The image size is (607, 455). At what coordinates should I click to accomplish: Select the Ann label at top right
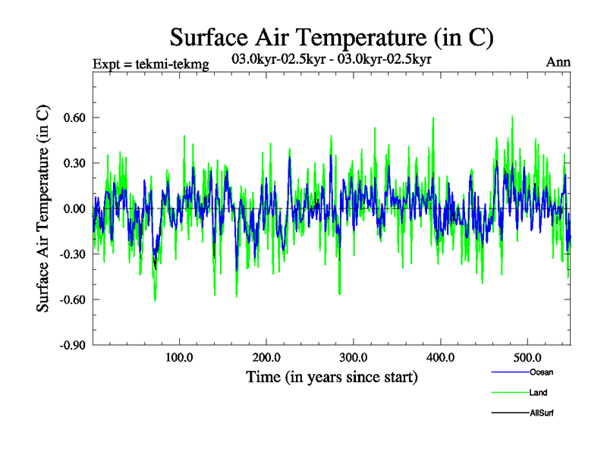point(558,61)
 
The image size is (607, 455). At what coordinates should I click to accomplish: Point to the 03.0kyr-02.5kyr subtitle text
point(332,58)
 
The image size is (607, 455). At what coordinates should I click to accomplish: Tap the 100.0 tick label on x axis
point(179,357)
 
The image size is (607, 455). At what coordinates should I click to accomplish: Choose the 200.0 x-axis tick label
point(266,357)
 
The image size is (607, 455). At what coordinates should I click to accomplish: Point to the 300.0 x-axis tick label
point(354,357)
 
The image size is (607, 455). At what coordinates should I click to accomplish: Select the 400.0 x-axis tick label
point(441,357)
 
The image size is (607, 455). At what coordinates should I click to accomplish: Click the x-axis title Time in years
point(332,377)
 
